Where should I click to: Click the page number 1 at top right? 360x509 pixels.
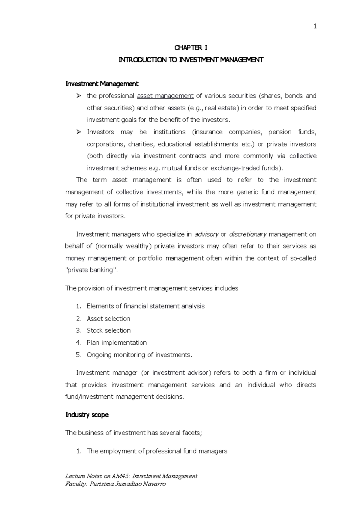[315, 27]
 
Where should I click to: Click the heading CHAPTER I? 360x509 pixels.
[191, 48]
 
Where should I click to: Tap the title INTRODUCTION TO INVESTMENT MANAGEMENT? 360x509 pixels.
[191, 60]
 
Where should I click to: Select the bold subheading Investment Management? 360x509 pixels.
[102, 84]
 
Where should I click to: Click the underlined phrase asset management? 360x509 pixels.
[165, 96]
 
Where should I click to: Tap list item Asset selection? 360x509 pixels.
[108, 319]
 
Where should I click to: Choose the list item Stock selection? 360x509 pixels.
[109, 331]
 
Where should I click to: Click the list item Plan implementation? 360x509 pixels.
[117, 343]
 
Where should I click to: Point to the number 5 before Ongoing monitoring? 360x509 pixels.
[78, 355]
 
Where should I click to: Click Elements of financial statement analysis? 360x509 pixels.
[145, 306]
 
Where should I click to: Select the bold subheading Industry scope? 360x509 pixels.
[87, 415]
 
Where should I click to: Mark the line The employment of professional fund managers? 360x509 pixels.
[157, 451]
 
